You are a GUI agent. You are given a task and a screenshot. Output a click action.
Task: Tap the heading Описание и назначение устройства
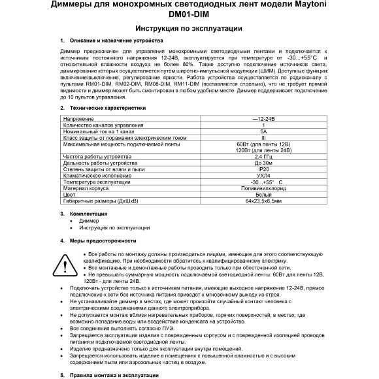[x=110, y=41]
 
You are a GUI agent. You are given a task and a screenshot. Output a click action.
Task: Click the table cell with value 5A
[x=263, y=131]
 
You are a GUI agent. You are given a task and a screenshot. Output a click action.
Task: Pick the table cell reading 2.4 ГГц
[x=263, y=157]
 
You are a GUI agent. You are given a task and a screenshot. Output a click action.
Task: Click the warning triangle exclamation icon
[x=69, y=264]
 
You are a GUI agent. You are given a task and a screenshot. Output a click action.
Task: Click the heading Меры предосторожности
[x=100, y=240]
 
